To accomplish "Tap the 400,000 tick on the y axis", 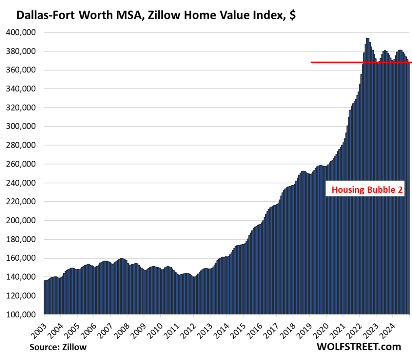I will coord(23,32).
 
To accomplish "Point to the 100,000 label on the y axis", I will coord(23,315).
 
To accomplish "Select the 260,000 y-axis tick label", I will coord(23,164).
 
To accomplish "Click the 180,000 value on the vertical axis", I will coord(23,239).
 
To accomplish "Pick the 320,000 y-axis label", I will coord(23,108).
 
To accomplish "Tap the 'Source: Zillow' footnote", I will coord(58,347).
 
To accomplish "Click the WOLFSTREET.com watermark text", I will coord(359,347).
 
